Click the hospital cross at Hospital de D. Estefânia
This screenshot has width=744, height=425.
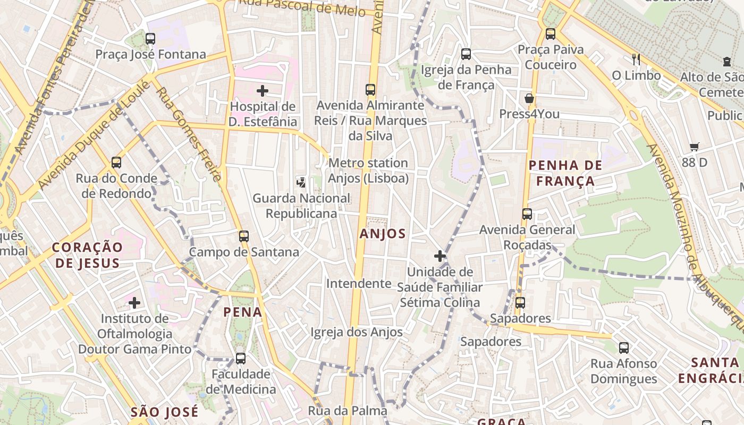tap(263, 91)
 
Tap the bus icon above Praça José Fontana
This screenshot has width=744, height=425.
tap(150, 38)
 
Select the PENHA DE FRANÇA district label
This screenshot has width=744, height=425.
tap(565, 173)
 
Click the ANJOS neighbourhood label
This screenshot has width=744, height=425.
tap(383, 234)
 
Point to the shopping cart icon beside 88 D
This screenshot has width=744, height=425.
tap(695, 147)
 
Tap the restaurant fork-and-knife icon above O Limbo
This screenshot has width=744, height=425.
tap(636, 59)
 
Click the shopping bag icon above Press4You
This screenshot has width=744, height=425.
tap(529, 98)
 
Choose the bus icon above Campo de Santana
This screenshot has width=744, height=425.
tap(244, 236)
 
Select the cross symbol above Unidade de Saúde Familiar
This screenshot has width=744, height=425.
tap(440, 256)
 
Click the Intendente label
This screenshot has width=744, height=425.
tap(359, 283)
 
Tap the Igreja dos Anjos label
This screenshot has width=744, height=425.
tap(357, 332)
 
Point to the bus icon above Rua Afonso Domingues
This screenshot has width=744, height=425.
tap(624, 348)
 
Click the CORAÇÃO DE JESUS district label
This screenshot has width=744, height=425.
tap(87, 255)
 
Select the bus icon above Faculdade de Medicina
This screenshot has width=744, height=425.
tap(241, 359)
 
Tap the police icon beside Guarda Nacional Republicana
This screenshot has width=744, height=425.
tap(301, 183)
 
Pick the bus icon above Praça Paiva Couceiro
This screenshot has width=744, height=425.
tap(551, 34)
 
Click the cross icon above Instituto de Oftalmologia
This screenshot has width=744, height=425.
tap(134, 303)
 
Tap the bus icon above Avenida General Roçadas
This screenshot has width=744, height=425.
tap(527, 214)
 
